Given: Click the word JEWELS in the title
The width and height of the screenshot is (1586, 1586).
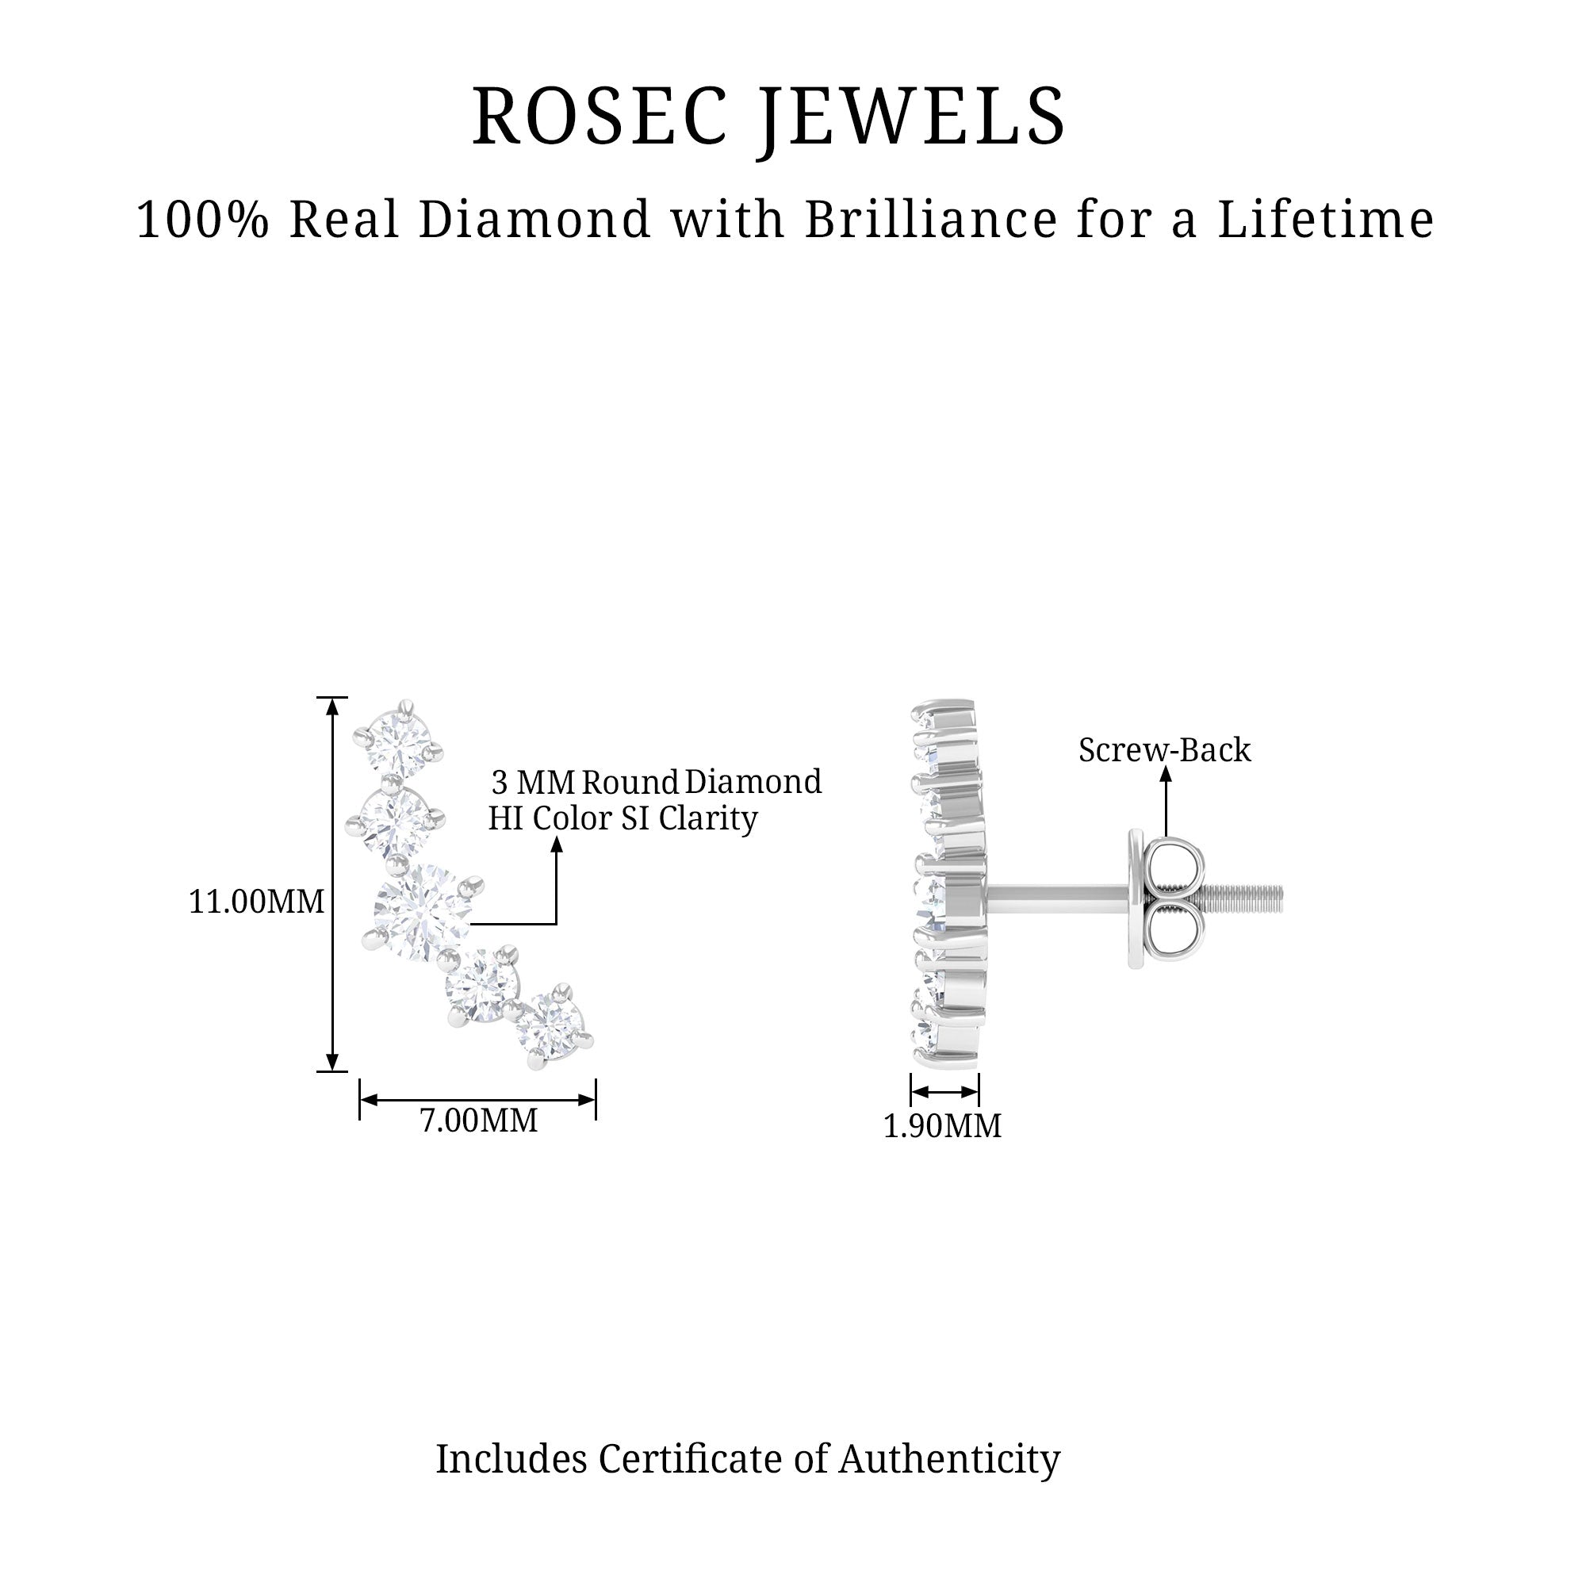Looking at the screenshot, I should click(911, 117).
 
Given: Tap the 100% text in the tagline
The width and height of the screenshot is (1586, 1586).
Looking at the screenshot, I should click(202, 220).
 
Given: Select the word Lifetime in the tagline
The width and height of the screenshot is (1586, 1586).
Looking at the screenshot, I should click(1325, 220).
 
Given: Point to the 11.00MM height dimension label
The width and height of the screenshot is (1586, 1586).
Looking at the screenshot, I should click(256, 902).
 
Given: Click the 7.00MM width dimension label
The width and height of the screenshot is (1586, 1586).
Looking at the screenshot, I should click(479, 1121).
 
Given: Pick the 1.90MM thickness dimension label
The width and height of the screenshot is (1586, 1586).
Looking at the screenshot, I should click(941, 1126).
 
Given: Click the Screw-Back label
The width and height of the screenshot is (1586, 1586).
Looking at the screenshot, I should click(1164, 750).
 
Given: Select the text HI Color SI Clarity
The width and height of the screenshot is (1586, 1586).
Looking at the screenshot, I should click(623, 819).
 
